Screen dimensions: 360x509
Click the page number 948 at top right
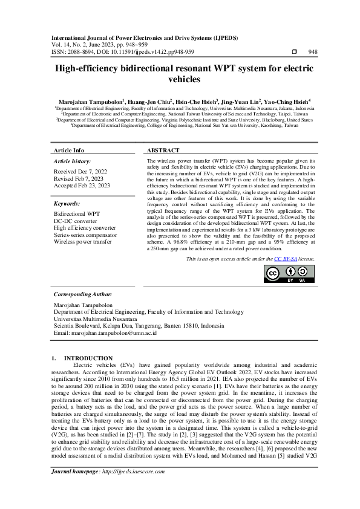coord(313,52)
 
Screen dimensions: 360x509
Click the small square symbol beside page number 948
coord(294,52)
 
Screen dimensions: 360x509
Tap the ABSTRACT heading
coord(163,150)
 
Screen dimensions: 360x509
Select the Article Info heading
coord(69,150)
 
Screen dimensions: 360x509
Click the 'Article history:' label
coord(71,162)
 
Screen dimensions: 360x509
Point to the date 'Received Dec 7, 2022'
coord(82,172)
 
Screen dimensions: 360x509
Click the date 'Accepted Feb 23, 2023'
coord(82,186)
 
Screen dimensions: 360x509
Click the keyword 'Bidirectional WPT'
coord(77,214)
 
